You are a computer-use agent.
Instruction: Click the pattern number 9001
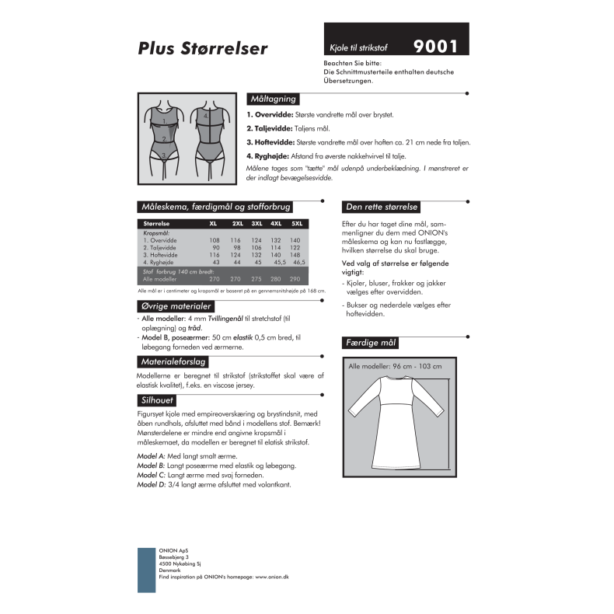click(x=435, y=46)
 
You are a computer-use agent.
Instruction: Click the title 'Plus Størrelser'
click(x=203, y=48)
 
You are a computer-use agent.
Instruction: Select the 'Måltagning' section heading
click(x=271, y=99)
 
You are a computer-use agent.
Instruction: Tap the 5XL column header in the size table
click(x=295, y=224)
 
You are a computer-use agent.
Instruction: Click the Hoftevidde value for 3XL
click(x=256, y=255)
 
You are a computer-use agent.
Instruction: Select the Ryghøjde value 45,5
click(x=276, y=263)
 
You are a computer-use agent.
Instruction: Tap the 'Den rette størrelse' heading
click(x=382, y=207)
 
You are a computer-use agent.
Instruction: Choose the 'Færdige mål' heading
click(x=371, y=343)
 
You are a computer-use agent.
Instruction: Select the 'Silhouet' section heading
click(x=158, y=401)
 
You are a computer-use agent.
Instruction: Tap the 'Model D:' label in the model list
click(x=151, y=484)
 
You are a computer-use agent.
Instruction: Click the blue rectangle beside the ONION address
click(x=146, y=563)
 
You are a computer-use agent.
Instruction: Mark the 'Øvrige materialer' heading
click(x=175, y=306)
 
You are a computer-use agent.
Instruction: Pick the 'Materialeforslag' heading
click(x=173, y=362)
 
